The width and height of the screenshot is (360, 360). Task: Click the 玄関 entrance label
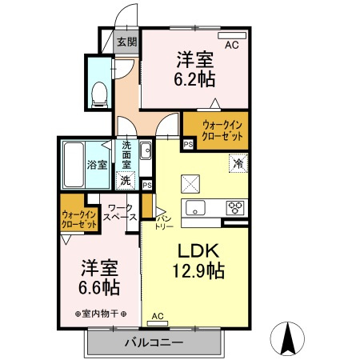tap(126, 42)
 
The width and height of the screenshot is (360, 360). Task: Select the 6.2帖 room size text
tap(196, 69)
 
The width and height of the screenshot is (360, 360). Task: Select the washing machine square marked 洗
tap(126, 180)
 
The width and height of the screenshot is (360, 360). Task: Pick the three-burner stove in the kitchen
tap(235, 208)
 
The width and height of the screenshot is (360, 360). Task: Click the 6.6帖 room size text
tap(98, 286)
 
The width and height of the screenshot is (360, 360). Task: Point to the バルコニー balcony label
tap(154, 343)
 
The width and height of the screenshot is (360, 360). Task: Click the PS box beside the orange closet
tap(188, 144)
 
